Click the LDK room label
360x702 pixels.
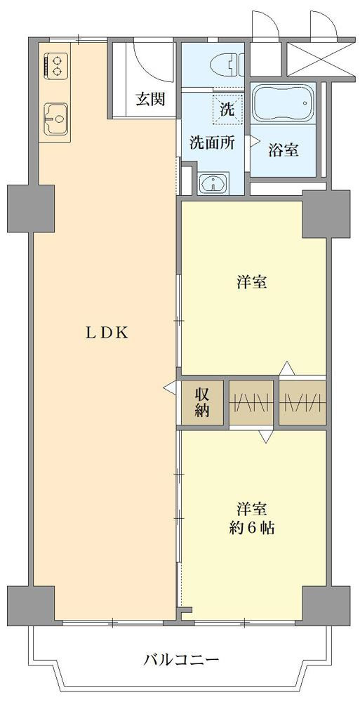tap(107, 332)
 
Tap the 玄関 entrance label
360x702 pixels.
tap(150, 100)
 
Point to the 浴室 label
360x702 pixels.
tap(284, 150)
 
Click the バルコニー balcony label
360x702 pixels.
tap(181, 659)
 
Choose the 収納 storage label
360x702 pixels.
tap(202, 402)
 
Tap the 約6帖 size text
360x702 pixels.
tap(251, 529)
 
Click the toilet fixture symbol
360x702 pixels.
tap(227, 65)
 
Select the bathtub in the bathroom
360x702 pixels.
tap(284, 103)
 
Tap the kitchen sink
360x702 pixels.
tap(56, 119)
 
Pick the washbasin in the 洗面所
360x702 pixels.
tap(213, 183)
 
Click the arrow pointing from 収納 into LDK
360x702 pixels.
tap(171, 388)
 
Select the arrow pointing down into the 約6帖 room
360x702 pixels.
tap(265, 436)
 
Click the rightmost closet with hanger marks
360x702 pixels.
tap(302, 402)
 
